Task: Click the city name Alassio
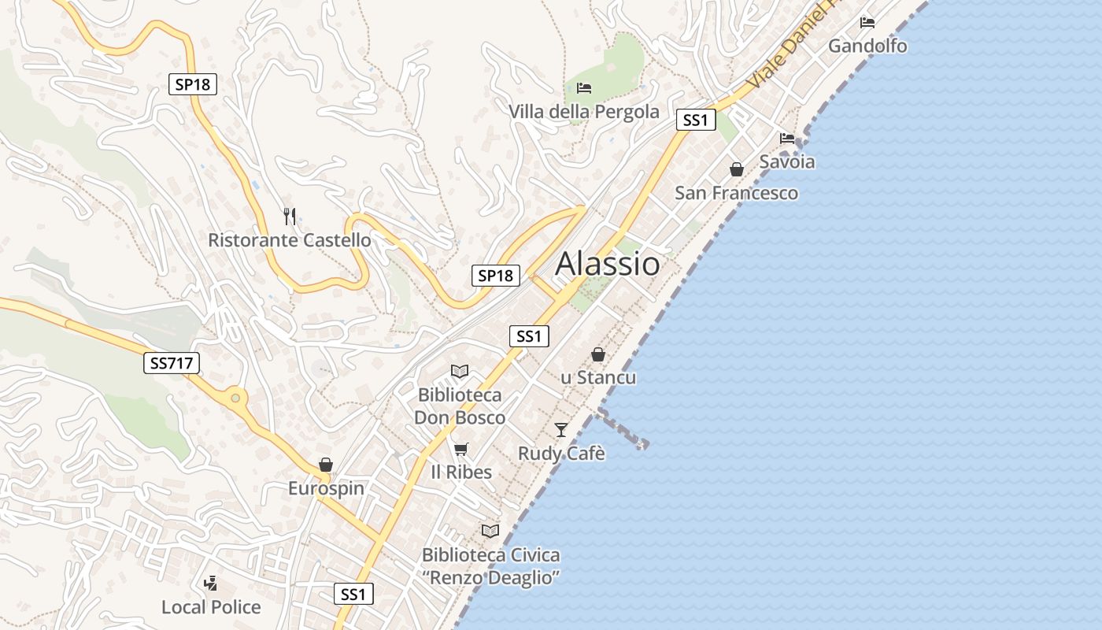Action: coord(608,264)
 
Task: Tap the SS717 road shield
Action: coord(172,363)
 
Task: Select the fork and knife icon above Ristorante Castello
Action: coord(290,217)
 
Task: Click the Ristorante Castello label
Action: coord(289,240)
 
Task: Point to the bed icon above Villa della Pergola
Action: coord(584,87)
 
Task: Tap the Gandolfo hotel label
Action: coord(867,46)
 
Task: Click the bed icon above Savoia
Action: coord(787,139)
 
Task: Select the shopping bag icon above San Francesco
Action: coord(737,169)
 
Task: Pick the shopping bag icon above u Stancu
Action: coord(598,354)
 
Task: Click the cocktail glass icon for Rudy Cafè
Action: coord(561,429)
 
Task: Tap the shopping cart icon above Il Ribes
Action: coord(461,449)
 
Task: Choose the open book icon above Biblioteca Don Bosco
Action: coord(460,371)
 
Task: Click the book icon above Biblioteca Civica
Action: coord(490,531)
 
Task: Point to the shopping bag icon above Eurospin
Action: coord(326,465)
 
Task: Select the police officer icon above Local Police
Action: coord(210,584)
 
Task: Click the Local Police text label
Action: coord(211,607)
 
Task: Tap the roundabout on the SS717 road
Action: coord(235,398)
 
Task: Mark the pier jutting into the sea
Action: coord(623,429)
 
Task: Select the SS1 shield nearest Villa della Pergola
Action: coord(696,120)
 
